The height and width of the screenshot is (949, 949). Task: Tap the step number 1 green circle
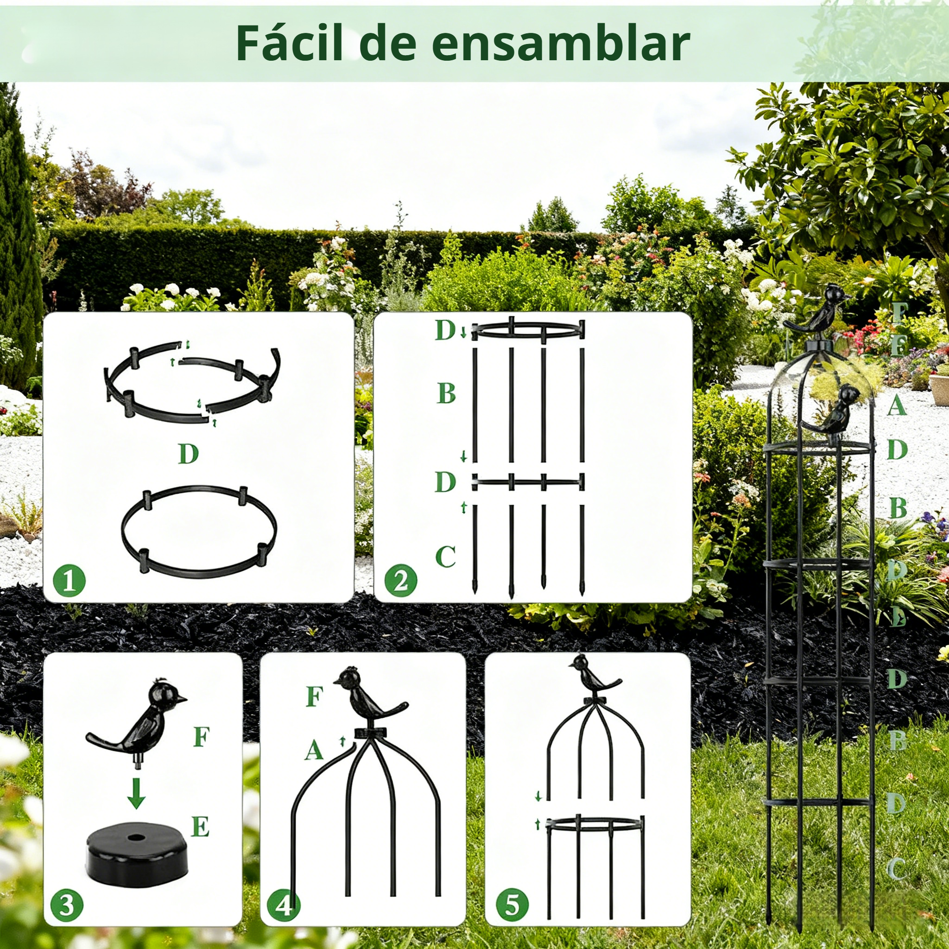pyautogui.click(x=69, y=581)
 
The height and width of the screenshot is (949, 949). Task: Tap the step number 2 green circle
pyautogui.click(x=401, y=581)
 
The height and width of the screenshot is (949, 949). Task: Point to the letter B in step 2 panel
pyautogui.click(x=446, y=393)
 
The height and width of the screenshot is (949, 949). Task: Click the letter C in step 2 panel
pyautogui.click(x=445, y=557)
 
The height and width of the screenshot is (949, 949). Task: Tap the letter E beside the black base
pyautogui.click(x=200, y=827)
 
